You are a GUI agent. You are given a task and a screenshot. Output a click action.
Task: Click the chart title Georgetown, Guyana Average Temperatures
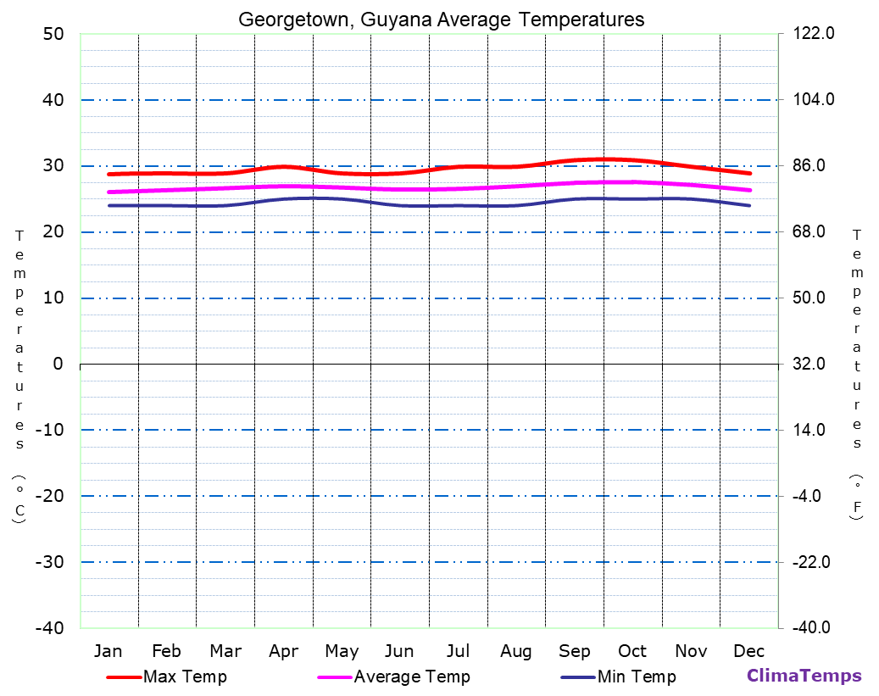(x=441, y=19)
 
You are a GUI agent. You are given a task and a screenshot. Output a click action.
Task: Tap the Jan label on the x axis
(x=108, y=651)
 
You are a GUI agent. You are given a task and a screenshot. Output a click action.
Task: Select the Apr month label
(x=283, y=651)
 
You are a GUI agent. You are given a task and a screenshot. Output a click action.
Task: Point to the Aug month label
(x=515, y=651)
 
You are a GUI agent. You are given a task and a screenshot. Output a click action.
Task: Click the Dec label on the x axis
(x=749, y=651)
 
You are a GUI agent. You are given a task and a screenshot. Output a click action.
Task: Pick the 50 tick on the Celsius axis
(x=53, y=34)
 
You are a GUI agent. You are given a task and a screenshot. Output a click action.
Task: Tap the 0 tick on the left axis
(x=58, y=364)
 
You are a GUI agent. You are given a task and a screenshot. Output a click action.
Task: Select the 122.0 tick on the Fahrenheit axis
(x=814, y=34)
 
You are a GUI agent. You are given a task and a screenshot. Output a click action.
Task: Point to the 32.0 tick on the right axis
(x=809, y=364)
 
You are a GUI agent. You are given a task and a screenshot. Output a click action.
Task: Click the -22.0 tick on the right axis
(x=812, y=562)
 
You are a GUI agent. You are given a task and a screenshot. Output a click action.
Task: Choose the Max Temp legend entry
(x=185, y=677)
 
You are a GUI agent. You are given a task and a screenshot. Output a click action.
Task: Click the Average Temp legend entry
(x=411, y=677)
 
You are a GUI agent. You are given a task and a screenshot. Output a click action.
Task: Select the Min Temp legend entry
(x=636, y=677)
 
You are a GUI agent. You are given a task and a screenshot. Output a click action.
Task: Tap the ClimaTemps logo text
(x=804, y=676)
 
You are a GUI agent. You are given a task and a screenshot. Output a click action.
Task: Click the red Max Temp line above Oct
(x=632, y=160)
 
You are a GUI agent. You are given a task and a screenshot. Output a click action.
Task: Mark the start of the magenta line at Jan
(x=109, y=192)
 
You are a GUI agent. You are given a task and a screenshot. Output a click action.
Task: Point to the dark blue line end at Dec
(x=749, y=205)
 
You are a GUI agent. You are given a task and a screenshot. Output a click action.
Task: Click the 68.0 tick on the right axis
(x=809, y=231)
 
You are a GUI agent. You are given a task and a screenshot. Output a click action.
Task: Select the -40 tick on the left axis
(x=48, y=627)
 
